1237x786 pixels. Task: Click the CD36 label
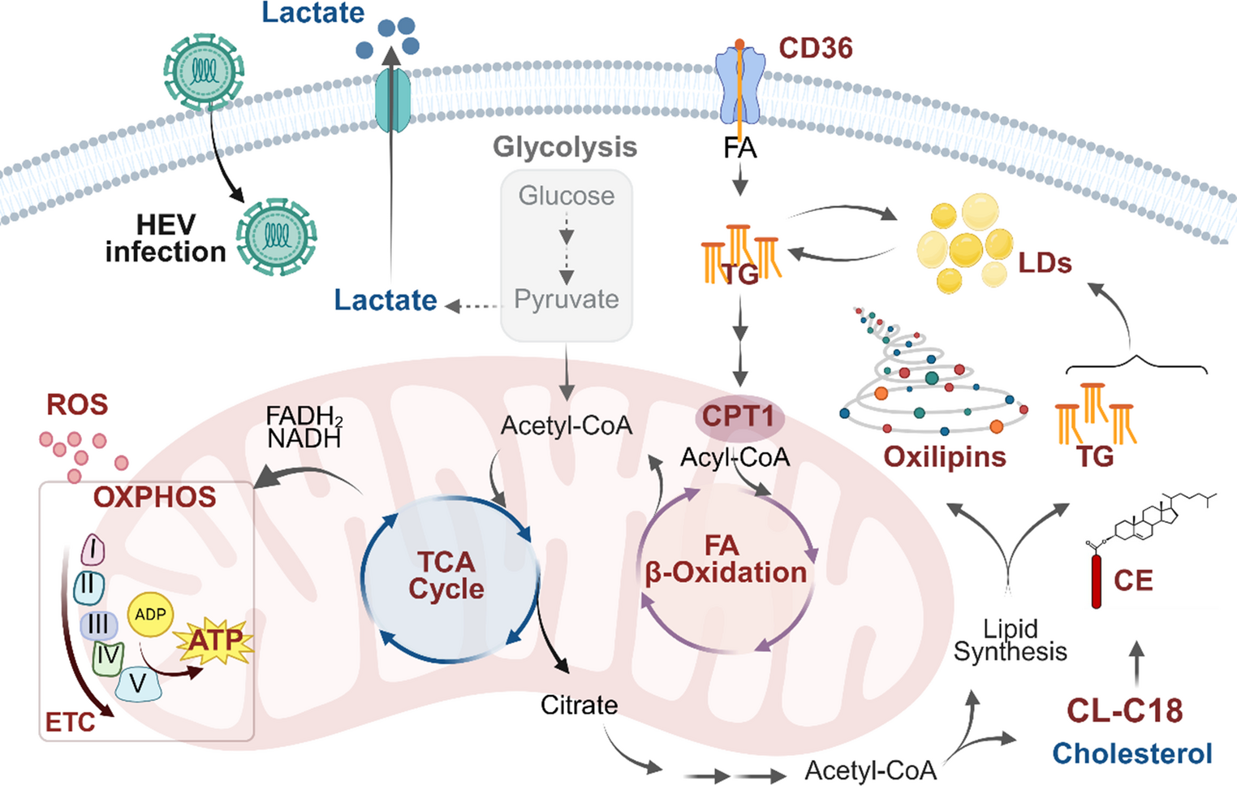[x=815, y=48]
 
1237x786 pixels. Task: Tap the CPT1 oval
[x=739, y=417]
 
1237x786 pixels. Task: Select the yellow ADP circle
[x=150, y=615]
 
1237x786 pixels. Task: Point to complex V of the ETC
[x=138, y=684]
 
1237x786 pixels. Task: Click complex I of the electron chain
[x=93, y=551]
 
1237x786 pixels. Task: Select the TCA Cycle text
[x=446, y=575]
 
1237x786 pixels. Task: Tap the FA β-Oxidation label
[x=725, y=559]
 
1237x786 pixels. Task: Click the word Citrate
[x=579, y=705]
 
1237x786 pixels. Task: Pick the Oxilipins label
[x=944, y=457]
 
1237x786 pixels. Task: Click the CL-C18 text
[x=1124, y=710]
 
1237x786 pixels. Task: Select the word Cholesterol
[x=1131, y=754]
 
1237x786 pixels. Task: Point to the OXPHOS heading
[x=154, y=497]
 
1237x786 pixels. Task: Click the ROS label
[x=77, y=404]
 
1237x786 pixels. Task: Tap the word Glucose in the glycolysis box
[x=567, y=196]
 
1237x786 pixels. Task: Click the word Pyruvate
[x=567, y=300]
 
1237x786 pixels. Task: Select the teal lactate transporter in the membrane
[x=393, y=101]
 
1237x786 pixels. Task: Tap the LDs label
[x=1045, y=263]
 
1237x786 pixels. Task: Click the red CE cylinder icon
[x=1096, y=581]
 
